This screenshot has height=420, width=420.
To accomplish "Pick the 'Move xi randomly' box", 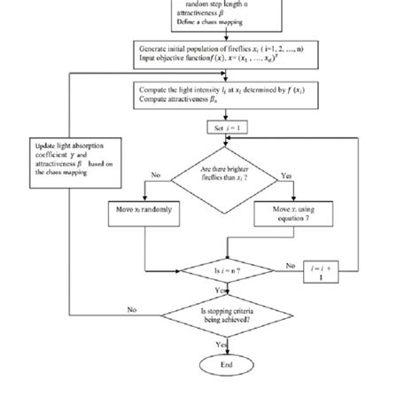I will (144, 211).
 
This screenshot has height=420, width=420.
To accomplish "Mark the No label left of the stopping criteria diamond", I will (133, 309).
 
